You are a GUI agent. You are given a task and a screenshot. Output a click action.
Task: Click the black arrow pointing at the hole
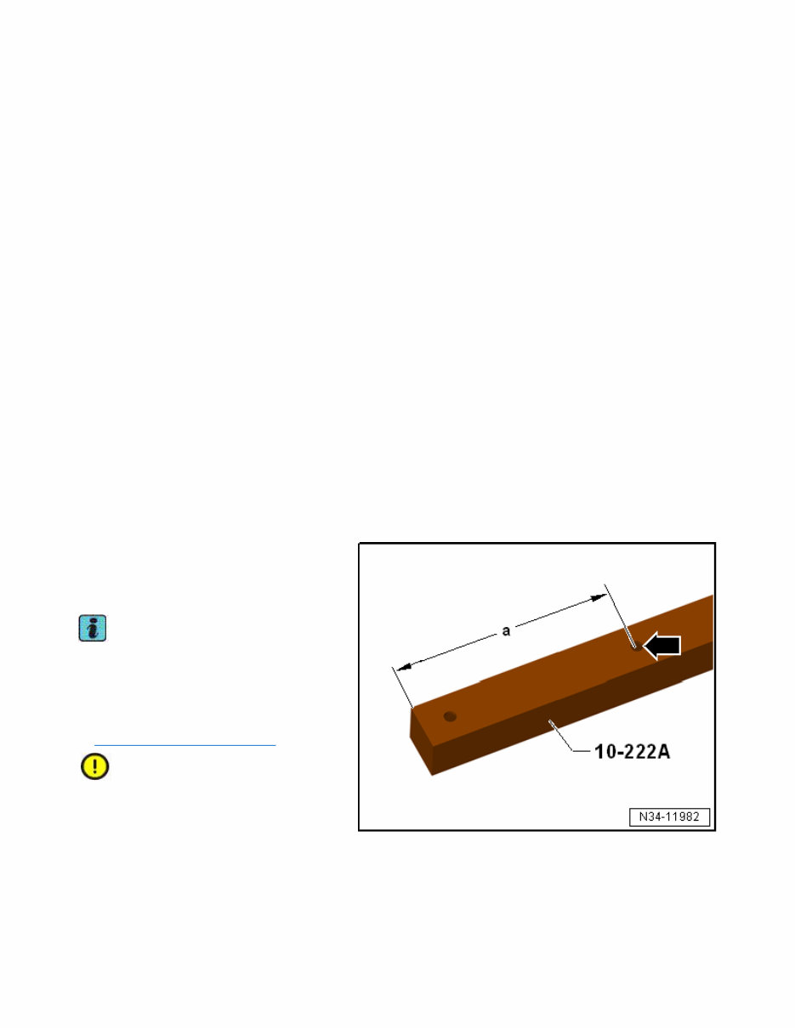tap(663, 647)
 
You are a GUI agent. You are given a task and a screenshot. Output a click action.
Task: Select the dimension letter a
tap(506, 630)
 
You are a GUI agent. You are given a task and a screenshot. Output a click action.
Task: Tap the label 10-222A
tap(632, 752)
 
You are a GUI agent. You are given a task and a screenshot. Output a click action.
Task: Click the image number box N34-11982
tap(669, 817)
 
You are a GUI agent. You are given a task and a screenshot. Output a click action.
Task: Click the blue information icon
tap(93, 628)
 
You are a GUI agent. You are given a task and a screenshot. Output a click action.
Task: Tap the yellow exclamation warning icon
tap(94, 766)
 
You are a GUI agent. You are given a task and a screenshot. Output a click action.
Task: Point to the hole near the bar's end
tap(450, 716)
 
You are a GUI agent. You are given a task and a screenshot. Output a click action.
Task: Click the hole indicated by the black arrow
tap(638, 647)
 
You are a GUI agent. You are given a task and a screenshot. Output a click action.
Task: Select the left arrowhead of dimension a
tap(403, 667)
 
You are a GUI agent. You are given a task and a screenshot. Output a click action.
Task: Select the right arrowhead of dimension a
tap(599, 598)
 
